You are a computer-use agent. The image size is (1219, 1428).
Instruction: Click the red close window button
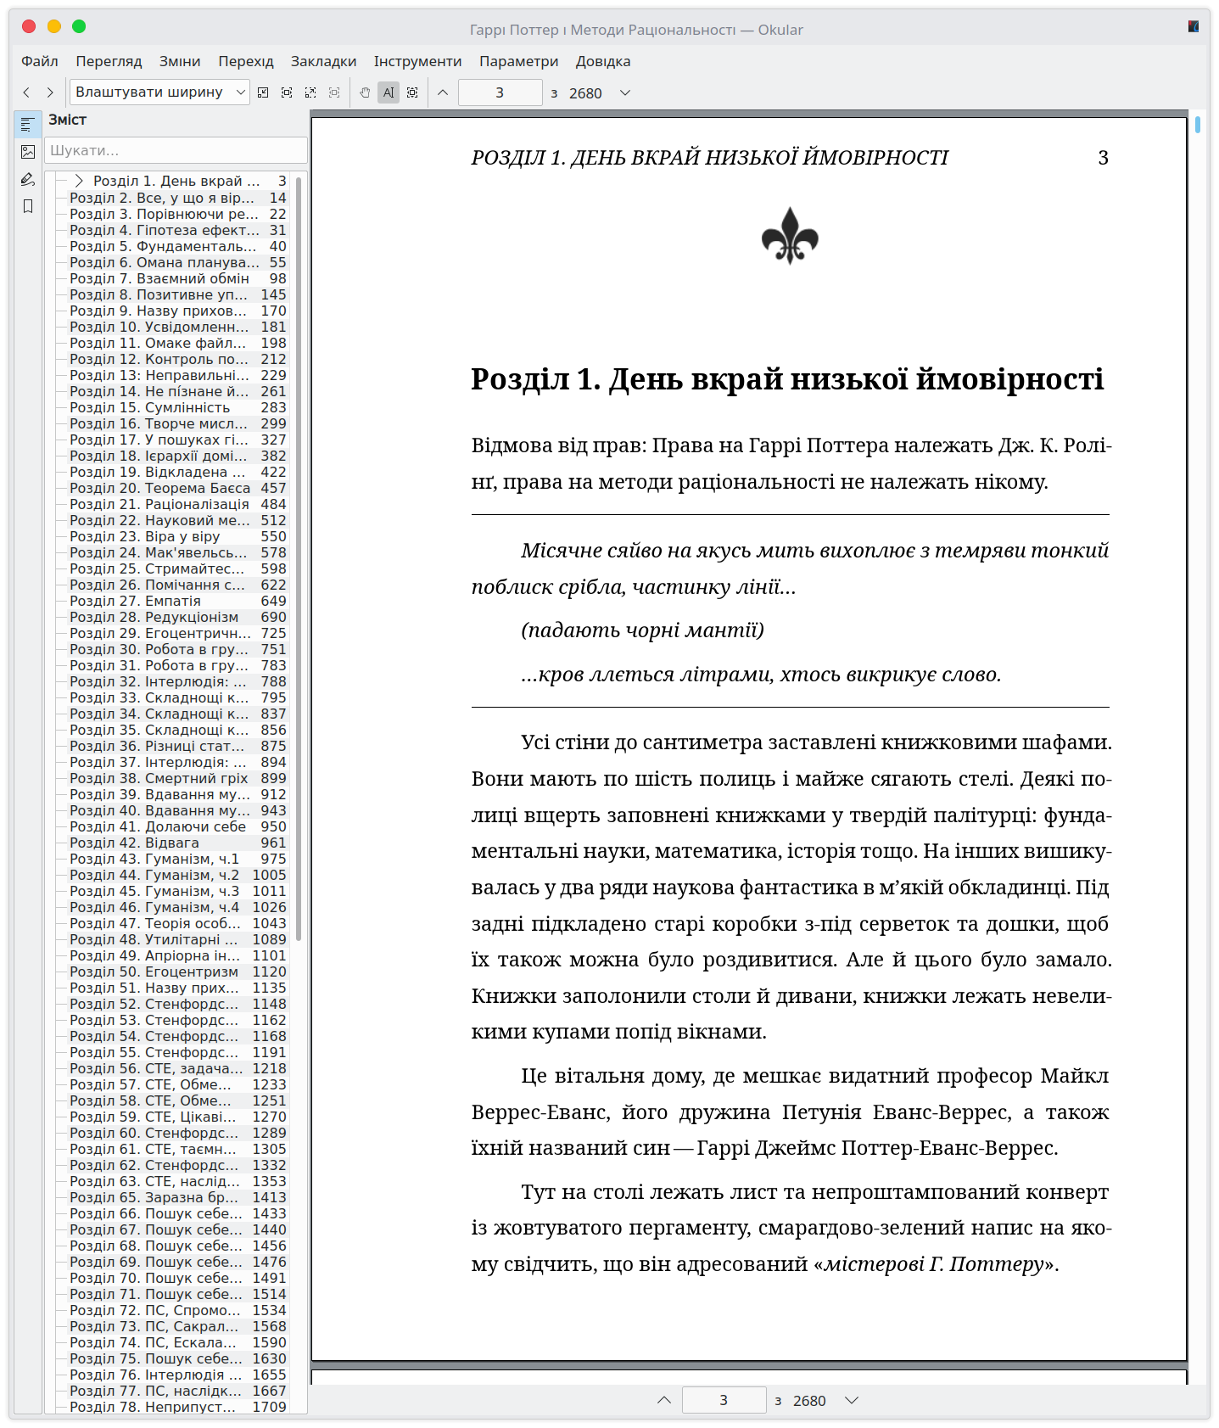coord(29,26)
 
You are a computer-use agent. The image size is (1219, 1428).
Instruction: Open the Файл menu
coord(40,61)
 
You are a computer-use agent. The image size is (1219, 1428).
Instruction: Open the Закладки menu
coord(323,61)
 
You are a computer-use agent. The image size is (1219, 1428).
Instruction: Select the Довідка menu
coord(602,61)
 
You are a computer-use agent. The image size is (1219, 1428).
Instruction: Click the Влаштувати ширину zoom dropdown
coord(159,92)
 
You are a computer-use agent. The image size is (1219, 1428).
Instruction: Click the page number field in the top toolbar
coord(500,92)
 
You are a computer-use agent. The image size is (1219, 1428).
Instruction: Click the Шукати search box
coord(176,150)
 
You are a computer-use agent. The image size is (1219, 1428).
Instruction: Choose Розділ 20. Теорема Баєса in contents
coord(159,488)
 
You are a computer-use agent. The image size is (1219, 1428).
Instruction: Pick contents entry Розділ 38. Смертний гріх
coord(159,778)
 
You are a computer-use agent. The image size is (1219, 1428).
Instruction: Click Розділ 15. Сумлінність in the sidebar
coord(149,407)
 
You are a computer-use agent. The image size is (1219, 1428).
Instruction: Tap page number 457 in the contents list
coord(273,488)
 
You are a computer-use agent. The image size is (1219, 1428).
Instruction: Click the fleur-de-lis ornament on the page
coord(790,236)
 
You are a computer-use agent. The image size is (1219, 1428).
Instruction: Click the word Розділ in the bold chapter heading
coord(519,379)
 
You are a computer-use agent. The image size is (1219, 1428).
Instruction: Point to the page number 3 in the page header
coord(1103,158)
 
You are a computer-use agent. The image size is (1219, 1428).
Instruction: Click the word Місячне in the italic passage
coord(561,551)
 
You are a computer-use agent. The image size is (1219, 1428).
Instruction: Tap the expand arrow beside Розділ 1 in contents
coord(79,181)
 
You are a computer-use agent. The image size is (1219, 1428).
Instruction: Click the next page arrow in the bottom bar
coord(852,1400)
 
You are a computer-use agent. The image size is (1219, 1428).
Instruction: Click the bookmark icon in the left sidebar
coord(28,206)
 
